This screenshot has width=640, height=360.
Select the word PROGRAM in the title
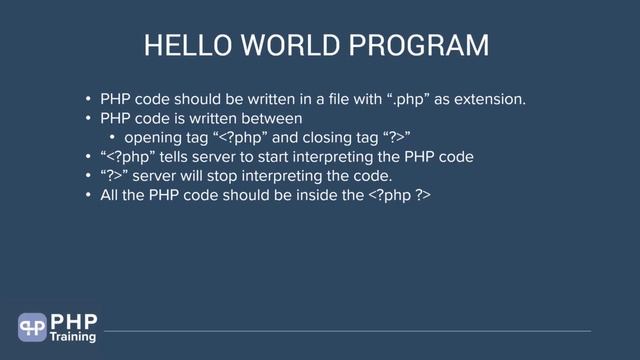pyautogui.click(x=427, y=47)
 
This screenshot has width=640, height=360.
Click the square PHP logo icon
pyautogui.click(x=32, y=327)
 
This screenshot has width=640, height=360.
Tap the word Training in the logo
pyautogui.click(x=73, y=338)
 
